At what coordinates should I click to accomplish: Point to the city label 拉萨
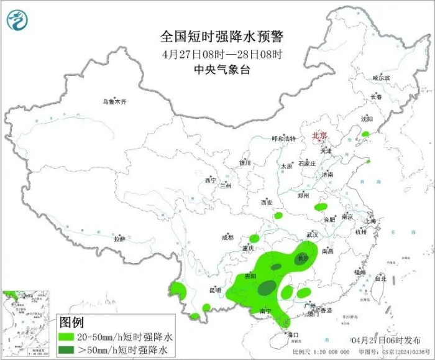tap(119, 239)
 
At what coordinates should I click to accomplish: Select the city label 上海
tap(370, 221)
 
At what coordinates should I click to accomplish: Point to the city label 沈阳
tap(367, 118)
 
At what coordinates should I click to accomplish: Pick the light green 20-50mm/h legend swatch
tap(73, 336)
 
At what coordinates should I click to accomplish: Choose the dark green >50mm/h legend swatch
tap(73, 350)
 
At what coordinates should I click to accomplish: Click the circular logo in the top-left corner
tap(17, 20)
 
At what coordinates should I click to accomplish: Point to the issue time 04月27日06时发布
tap(385, 340)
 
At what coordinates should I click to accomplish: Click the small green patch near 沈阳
tap(366, 134)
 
